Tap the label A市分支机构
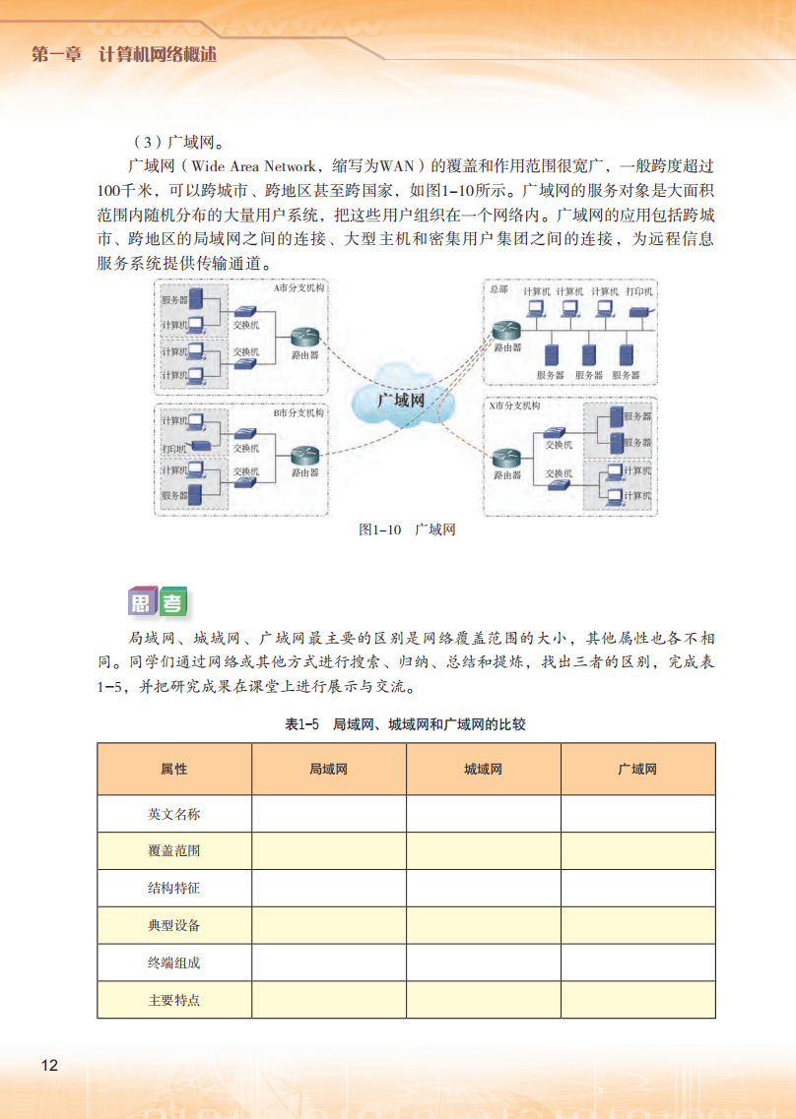pyautogui.click(x=298, y=289)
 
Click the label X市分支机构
pyautogui.click(x=514, y=405)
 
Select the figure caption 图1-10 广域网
pyautogui.click(x=407, y=529)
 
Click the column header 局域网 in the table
pyautogui.click(x=328, y=769)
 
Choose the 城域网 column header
pyautogui.click(x=483, y=769)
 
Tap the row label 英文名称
pyautogui.click(x=174, y=814)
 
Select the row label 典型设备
pyautogui.click(x=174, y=925)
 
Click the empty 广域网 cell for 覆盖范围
pyautogui.click(x=637, y=850)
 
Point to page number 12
pyautogui.click(x=49, y=1065)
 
